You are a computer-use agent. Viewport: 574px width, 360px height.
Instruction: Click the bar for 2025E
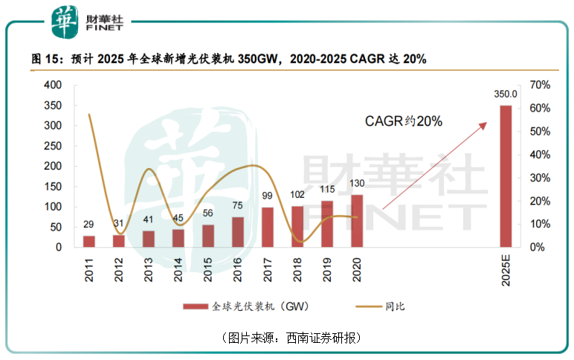506,176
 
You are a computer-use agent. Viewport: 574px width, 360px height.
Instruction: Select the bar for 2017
268,227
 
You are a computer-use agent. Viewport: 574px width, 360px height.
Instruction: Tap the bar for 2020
357,221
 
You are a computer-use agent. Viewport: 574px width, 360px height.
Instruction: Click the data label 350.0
506,95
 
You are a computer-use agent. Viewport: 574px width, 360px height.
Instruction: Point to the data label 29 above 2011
89,225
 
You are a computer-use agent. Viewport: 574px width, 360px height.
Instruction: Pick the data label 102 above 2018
297,196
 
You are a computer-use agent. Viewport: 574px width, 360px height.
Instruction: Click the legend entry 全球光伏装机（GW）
245,306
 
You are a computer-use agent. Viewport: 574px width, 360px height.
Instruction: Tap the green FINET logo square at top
62,22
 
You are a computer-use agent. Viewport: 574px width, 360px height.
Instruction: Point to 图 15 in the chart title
46,59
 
